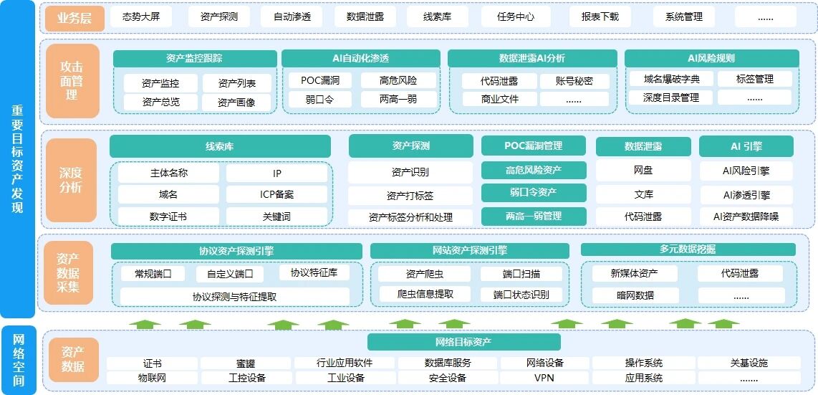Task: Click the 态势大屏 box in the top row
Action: coord(141,16)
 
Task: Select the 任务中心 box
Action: coord(516,16)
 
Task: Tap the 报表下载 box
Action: coord(600,16)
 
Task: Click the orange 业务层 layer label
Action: coord(74,18)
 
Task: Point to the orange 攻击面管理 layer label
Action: coord(72,81)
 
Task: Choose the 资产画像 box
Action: coord(236,103)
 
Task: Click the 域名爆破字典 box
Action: coord(671,80)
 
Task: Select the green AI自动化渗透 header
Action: coord(360,59)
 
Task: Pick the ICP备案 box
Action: coord(276,194)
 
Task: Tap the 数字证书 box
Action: coord(168,216)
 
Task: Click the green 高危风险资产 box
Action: coord(533,170)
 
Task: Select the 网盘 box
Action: coord(643,170)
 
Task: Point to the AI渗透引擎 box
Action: coord(746,195)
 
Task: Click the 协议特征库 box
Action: coord(314,272)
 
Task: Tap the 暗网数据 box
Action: coord(635,295)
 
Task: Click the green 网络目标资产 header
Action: coord(463,342)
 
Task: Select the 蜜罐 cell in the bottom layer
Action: coord(246,363)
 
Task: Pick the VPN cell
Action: coord(544,378)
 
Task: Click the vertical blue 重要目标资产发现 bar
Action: coord(18,160)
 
